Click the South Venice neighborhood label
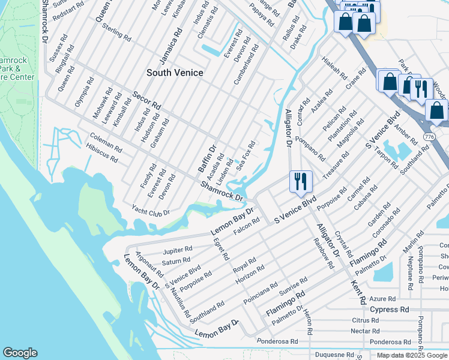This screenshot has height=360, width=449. click(x=175, y=73)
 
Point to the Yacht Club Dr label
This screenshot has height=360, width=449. click(x=151, y=212)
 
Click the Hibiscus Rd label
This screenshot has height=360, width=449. click(x=101, y=154)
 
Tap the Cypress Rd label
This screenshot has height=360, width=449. click(x=389, y=310)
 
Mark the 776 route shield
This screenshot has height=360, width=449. click(x=429, y=137)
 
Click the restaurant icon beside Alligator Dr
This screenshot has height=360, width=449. click(x=300, y=181)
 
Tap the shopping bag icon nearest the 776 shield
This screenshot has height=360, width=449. click(x=436, y=110)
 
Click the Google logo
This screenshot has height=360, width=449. click(x=20, y=353)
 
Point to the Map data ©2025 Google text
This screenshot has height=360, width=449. click(x=412, y=355)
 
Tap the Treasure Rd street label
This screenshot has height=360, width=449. click(x=334, y=167)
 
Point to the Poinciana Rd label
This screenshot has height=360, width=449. click(x=260, y=292)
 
